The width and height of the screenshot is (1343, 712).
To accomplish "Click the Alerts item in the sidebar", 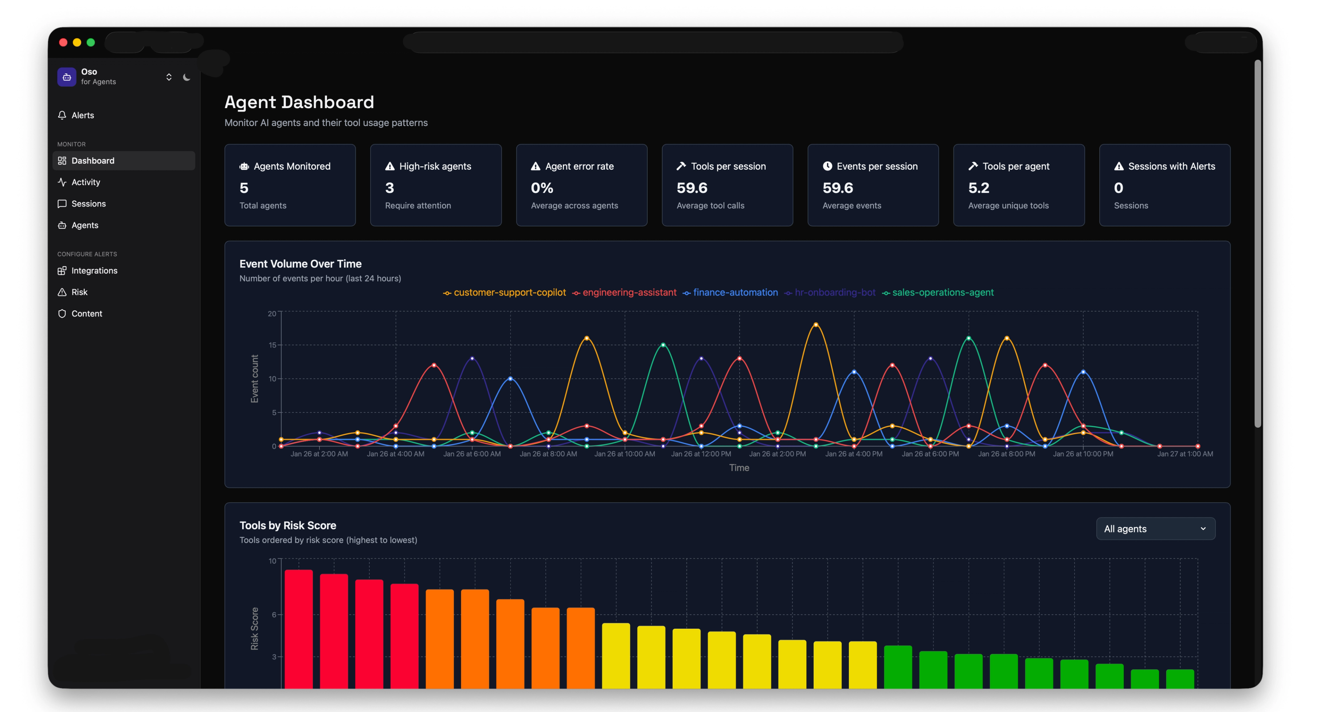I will point(83,115).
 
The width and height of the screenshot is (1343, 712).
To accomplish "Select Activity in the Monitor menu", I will point(85,182).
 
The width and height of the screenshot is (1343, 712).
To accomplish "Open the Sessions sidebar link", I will point(88,203).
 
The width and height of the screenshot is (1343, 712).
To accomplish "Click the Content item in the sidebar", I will point(86,313).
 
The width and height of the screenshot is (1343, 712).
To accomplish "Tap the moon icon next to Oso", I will point(186,77).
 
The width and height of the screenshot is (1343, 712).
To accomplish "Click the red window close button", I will point(63,42).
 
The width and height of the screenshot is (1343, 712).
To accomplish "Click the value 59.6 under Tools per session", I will point(691,188).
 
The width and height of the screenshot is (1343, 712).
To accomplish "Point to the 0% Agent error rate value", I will point(542,188).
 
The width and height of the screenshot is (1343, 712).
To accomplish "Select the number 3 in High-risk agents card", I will point(390,188).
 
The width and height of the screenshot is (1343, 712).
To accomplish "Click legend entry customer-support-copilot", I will point(509,292).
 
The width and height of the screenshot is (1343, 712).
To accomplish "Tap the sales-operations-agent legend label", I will point(942,292).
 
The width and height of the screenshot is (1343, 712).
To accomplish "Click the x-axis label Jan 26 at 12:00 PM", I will point(701,454).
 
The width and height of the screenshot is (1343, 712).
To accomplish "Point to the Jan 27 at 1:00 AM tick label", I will point(1185,454).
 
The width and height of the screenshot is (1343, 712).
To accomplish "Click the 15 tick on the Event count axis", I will point(272,345).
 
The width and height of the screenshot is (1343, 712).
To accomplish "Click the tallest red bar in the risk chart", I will point(299,626).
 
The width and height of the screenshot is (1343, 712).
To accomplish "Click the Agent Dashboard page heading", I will point(299,102).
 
